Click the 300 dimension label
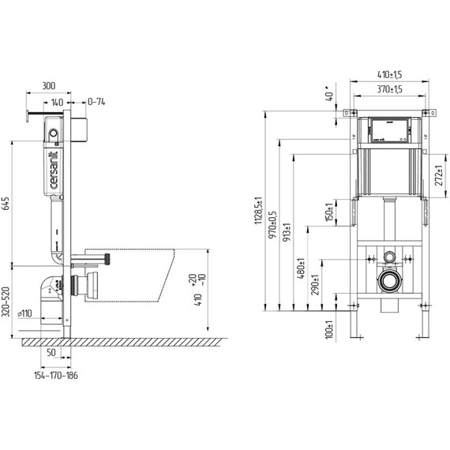49,86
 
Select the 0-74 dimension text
96,102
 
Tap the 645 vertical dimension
6,203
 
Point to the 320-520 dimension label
6,302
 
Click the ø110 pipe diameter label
24,313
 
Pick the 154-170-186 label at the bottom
56,375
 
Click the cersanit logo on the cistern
54,170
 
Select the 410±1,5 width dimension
389,75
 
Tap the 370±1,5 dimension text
389,89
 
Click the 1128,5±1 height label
258,210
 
